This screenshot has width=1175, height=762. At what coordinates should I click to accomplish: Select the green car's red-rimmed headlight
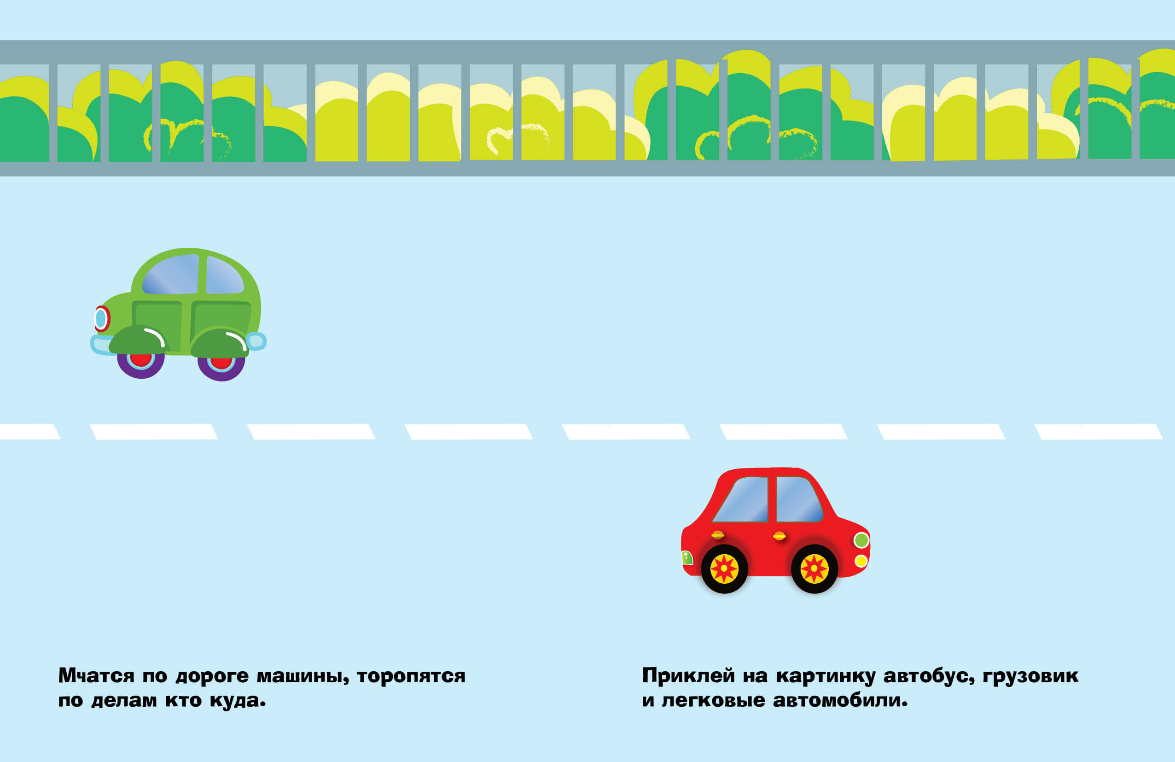[x=102, y=318]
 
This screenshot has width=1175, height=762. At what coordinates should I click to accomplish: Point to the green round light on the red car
[x=861, y=540]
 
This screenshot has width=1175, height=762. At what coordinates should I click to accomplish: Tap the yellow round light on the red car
[x=861, y=561]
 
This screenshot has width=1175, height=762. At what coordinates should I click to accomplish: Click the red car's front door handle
[x=779, y=536]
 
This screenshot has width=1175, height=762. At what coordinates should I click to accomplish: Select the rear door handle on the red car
[x=717, y=535]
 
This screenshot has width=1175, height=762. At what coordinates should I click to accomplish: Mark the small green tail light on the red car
[x=687, y=557]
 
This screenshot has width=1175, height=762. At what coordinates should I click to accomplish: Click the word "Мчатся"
[x=96, y=675]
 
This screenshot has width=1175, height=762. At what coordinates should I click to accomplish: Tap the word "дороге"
[x=212, y=675]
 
